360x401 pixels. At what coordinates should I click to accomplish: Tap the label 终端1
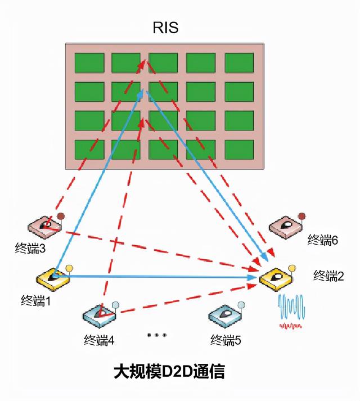[x=35, y=301]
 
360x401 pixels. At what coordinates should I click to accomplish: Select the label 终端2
[x=328, y=276]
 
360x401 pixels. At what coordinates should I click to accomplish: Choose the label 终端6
[x=322, y=240]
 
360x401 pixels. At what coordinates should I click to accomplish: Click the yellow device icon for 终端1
[x=53, y=277]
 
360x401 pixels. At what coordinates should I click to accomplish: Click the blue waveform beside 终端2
[x=292, y=308]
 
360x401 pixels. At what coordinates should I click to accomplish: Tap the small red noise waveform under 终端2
[x=292, y=326]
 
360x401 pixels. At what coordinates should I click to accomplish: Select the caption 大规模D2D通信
[x=169, y=372]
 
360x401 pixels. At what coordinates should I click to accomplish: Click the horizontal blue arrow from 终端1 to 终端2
[x=157, y=277]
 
